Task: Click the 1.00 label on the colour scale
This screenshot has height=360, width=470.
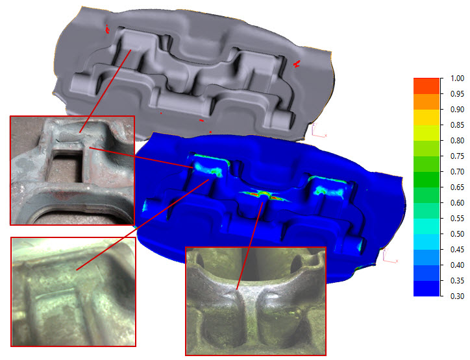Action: (457, 78)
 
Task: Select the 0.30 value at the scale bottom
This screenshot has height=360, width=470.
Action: (457, 296)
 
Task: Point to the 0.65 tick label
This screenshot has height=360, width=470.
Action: (457, 187)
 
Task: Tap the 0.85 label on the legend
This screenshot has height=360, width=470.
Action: (457, 125)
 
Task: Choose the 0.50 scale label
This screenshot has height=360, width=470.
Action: (457, 234)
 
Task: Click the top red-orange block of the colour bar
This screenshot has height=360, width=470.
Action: (427, 86)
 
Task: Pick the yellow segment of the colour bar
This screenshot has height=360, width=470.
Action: (427, 117)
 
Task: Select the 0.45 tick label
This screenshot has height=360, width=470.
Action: (457, 250)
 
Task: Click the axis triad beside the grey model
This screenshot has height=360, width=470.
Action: (318, 130)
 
